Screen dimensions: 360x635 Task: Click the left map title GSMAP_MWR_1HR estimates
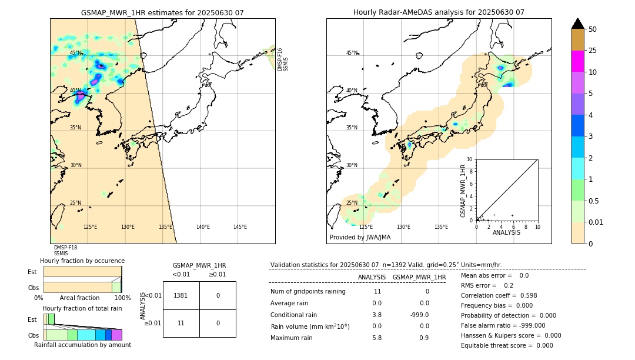(162, 12)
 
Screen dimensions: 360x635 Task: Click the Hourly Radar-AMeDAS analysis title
(439, 12)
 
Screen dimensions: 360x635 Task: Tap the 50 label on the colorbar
(593, 29)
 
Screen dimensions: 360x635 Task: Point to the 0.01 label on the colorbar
(596, 222)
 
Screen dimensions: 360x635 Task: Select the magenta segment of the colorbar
(578, 61)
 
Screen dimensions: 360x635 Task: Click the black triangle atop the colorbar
(578, 24)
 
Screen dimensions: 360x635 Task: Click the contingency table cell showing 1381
(181, 295)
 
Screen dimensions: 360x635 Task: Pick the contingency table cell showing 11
(181, 323)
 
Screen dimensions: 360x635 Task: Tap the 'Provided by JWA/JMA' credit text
(360, 237)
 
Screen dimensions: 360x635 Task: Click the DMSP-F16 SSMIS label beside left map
(283, 59)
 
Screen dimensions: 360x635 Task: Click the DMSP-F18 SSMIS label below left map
(65, 251)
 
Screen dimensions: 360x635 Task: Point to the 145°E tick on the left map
(240, 227)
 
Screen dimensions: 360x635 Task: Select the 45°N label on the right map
(352, 53)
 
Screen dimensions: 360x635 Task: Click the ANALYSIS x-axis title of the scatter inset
(506, 232)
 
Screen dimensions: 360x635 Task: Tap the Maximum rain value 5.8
(376, 338)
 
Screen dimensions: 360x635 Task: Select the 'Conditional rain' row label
(294, 315)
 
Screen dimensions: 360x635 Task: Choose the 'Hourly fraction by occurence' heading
(82, 261)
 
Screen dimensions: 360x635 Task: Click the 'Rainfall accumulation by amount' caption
(82, 345)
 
